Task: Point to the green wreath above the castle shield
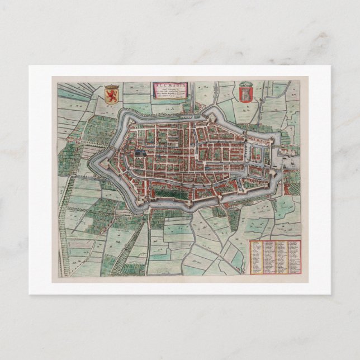click(244, 84)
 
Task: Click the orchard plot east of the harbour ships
click(293, 178)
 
